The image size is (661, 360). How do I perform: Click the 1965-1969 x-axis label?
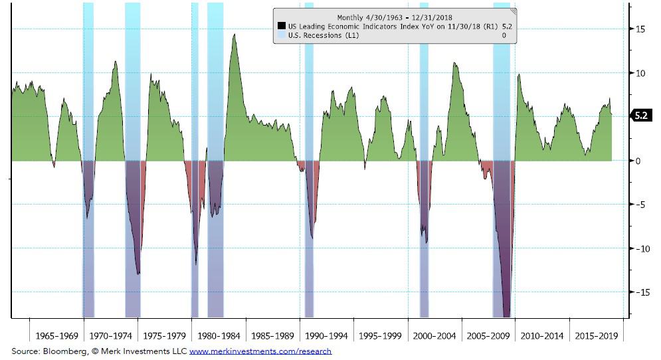point(57,336)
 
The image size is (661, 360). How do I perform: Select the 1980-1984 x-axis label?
point(219,336)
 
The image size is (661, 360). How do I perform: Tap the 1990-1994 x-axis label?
point(326,336)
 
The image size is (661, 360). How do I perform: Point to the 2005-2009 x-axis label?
point(488,336)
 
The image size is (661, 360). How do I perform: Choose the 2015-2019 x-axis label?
point(596,336)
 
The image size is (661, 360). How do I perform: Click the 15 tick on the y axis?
point(640,29)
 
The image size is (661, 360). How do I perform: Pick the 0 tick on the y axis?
point(638,161)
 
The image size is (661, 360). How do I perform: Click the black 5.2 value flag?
point(641,116)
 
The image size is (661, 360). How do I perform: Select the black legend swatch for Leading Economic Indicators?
point(281,27)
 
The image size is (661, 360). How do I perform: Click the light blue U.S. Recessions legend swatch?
point(281,35)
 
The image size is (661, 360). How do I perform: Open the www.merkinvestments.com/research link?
point(260,351)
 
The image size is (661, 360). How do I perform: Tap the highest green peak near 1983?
point(234,35)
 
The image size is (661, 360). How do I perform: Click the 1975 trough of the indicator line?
point(138,273)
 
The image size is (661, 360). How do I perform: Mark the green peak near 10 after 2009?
point(518,75)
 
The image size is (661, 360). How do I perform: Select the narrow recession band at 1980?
point(195,159)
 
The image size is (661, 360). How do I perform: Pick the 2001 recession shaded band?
point(424,159)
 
